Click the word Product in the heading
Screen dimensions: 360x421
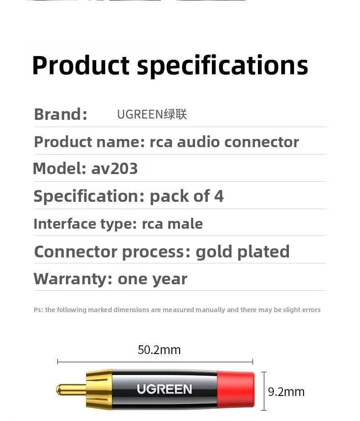(x=81, y=65)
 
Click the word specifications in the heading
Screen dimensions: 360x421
(x=222, y=66)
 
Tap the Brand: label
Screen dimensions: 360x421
(x=61, y=114)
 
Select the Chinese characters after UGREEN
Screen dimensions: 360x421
(x=175, y=114)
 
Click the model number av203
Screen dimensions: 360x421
(x=114, y=169)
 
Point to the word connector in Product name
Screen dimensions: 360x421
(x=262, y=142)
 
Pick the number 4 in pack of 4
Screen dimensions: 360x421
(x=219, y=196)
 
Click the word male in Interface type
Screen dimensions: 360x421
(x=185, y=224)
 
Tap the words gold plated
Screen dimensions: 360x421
(x=243, y=252)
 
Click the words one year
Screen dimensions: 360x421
(x=152, y=280)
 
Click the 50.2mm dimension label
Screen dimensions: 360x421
(x=159, y=349)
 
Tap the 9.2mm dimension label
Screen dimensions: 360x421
(x=286, y=392)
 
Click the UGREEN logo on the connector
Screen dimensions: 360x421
(x=165, y=389)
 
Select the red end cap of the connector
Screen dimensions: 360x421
(x=236, y=390)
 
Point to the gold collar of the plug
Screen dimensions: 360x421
(x=99, y=390)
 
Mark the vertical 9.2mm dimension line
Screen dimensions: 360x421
(x=264, y=391)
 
